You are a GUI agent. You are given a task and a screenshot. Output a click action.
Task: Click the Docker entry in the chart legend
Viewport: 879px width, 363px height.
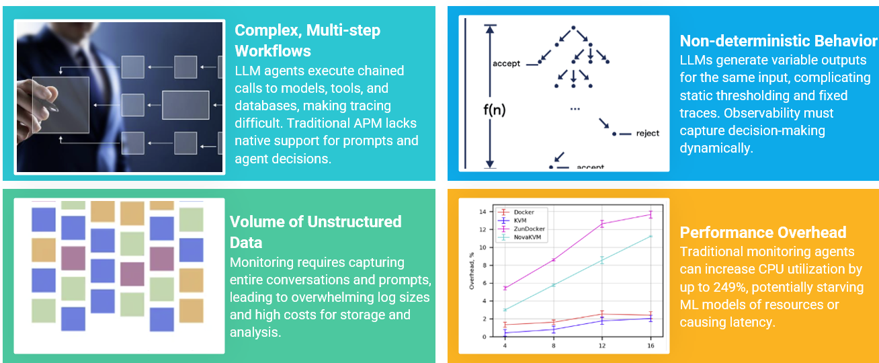[x=524, y=212]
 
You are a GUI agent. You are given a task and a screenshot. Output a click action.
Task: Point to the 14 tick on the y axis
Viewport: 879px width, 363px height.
[x=482, y=212]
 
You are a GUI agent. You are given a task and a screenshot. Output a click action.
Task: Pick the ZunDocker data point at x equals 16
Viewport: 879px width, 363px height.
[x=650, y=214]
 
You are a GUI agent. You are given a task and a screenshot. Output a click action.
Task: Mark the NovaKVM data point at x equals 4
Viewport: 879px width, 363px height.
[x=505, y=310]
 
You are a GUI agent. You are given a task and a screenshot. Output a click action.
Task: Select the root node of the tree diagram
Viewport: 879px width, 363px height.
[x=573, y=28]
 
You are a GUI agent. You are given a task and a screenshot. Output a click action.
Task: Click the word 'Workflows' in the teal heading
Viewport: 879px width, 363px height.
[x=273, y=51]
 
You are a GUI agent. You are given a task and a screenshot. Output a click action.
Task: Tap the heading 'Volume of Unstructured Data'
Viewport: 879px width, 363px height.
[x=315, y=231]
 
